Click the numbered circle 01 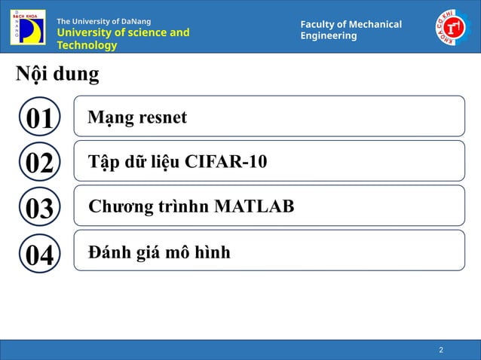coord(39,118)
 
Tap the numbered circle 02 coord(39,163)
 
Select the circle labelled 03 coord(39,208)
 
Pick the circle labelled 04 coord(39,254)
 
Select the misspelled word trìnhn coord(185,206)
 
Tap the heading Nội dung coord(57,75)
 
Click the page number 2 coord(441,350)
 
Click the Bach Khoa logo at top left coord(27,27)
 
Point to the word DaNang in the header coord(133,21)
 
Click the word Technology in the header coord(87,45)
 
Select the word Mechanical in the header coord(372,25)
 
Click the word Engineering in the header coord(328,36)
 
